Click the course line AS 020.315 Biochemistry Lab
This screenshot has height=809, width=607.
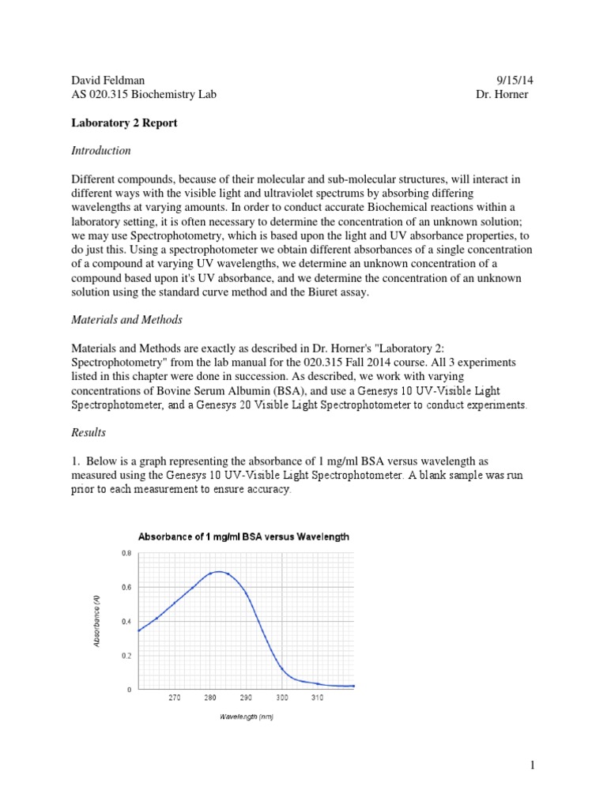tap(143, 95)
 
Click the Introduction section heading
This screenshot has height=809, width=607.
tap(100, 150)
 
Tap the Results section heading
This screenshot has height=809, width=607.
tap(88, 433)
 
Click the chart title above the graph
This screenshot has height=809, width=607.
tap(243, 536)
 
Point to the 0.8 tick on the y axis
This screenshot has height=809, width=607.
tap(126, 554)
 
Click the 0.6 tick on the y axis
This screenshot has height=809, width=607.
tap(126, 588)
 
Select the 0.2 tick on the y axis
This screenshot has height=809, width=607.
tap(126, 656)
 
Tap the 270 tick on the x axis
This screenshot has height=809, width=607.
tap(175, 698)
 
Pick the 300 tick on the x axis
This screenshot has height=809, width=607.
tap(282, 698)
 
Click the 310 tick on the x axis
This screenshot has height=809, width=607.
tap(318, 698)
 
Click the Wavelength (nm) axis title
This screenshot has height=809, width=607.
tap(246, 717)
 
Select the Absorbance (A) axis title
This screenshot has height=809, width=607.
tap(96, 621)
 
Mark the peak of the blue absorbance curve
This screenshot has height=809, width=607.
tap(217, 571)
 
